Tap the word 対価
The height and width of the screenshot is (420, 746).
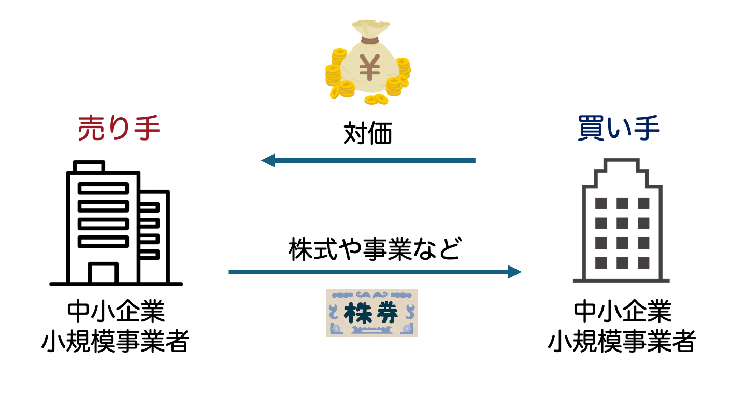tap(368, 134)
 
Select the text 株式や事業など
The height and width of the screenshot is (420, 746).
tap(374, 249)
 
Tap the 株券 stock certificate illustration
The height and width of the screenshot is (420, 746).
tap(372, 313)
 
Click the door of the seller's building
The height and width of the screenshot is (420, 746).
tap(103, 273)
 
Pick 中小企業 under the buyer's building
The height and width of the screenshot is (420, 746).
tap(622, 312)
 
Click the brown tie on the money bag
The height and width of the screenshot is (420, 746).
tap(370, 40)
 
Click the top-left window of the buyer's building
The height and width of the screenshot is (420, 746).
tap(601, 203)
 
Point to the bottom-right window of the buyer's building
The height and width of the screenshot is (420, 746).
tap(643, 262)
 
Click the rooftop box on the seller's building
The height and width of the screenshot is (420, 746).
tap(89, 166)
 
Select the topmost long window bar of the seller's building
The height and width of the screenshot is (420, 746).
tap(103, 188)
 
